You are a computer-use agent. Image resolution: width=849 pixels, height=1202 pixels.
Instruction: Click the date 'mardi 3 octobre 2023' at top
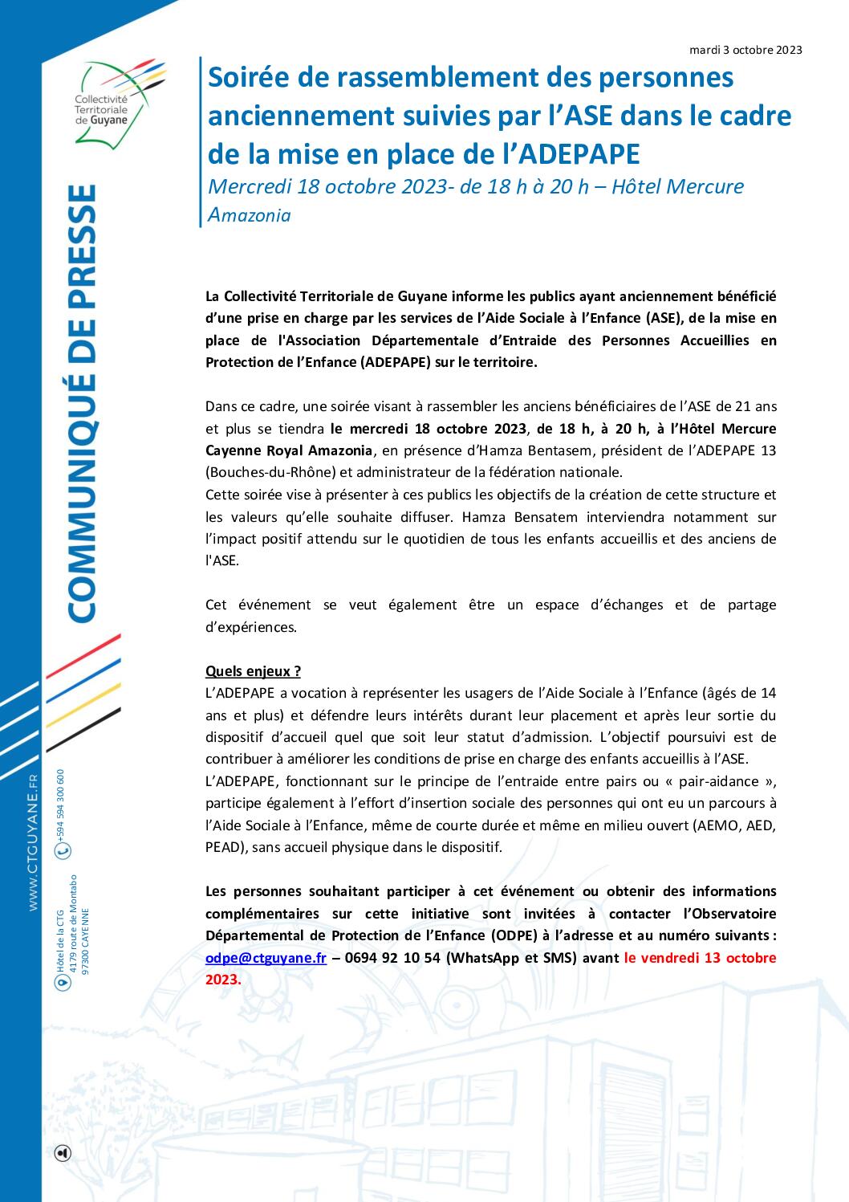[x=745, y=50]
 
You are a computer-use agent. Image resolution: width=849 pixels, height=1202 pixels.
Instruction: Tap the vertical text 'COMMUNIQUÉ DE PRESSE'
[x=82, y=402]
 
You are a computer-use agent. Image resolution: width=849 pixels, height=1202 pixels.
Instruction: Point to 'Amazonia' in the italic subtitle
[x=250, y=215]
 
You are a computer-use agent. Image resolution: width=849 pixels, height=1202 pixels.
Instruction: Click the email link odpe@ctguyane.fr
[x=266, y=958]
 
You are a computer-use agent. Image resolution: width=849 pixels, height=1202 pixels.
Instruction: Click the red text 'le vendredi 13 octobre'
[x=700, y=958]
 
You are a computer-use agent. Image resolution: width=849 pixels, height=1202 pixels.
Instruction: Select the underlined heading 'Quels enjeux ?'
[x=254, y=670]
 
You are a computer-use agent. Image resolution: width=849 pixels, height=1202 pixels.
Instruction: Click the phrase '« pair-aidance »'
[x=728, y=780]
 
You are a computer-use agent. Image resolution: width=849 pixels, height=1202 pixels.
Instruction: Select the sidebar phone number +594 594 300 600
[x=61, y=803]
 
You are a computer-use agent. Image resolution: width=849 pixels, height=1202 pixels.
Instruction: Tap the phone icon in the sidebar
[x=63, y=850]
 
